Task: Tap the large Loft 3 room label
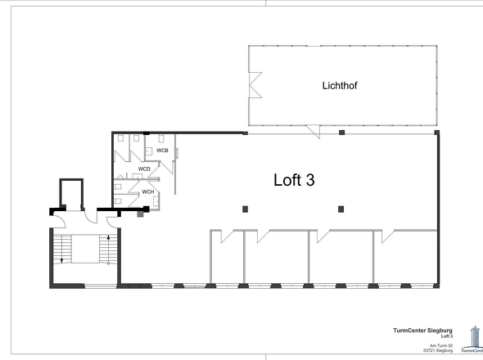click(294, 181)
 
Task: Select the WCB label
click(162, 151)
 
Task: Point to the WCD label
click(144, 169)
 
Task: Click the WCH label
click(148, 192)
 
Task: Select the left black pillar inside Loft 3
click(245, 209)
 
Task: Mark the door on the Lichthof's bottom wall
click(312, 132)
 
